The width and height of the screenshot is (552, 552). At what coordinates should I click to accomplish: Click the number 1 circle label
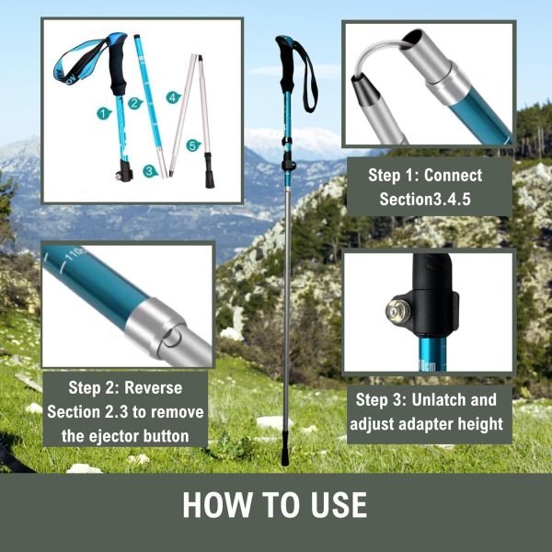[104, 112]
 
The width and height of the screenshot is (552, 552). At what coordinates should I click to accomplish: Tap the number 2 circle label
[135, 103]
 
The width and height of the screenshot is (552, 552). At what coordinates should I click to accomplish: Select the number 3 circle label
[150, 170]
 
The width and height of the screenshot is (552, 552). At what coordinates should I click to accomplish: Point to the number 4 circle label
[172, 97]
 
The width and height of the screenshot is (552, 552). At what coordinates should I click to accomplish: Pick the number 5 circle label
[192, 144]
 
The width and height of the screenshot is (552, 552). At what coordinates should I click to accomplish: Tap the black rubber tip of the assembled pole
[284, 456]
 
